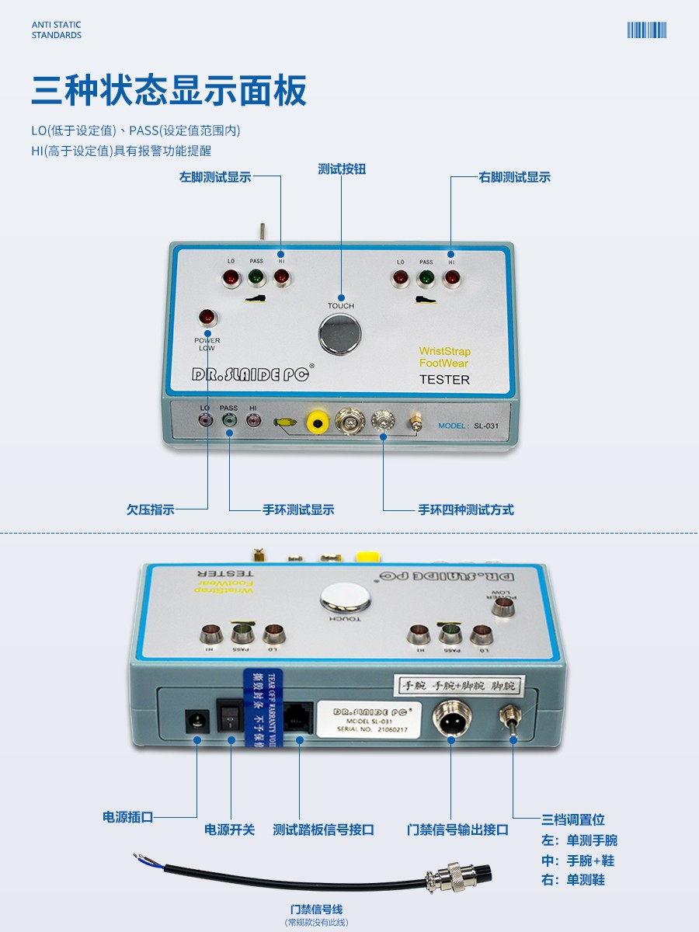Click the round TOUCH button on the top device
click(x=339, y=335)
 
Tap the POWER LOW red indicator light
click(x=207, y=317)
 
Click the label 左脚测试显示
click(x=215, y=177)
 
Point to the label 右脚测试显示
click(x=514, y=177)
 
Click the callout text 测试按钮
click(x=342, y=169)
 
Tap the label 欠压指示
click(x=151, y=509)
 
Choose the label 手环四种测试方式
click(x=466, y=509)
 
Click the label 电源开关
click(x=229, y=829)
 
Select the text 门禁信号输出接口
click(x=458, y=829)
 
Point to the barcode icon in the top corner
click(x=647, y=30)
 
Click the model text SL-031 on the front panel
click(x=488, y=426)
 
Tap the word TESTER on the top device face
click(x=444, y=380)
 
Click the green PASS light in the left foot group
click(x=256, y=277)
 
